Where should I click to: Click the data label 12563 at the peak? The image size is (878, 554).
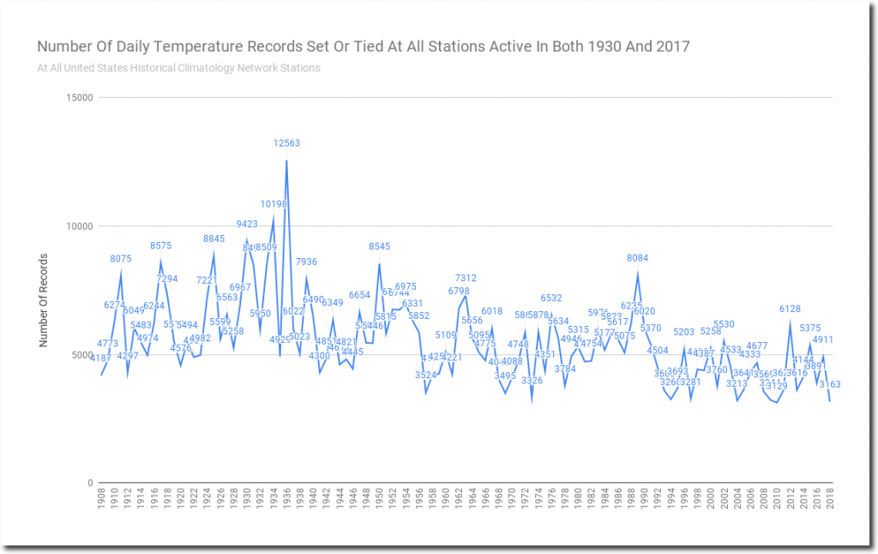tap(286, 143)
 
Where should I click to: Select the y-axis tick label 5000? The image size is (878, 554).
tap(80, 355)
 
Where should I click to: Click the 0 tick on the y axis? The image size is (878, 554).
tap(89, 484)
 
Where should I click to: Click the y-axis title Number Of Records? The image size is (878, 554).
tap(43, 300)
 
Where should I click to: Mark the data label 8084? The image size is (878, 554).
tap(638, 258)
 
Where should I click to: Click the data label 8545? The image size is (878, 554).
tap(379, 246)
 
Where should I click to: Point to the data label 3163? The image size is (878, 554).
tap(830, 384)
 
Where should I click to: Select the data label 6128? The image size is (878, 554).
tap(790, 309)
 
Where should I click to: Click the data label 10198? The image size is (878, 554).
tap(274, 204)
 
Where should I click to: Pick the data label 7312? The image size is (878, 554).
tap(466, 278)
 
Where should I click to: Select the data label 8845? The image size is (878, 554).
tap(213, 238)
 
